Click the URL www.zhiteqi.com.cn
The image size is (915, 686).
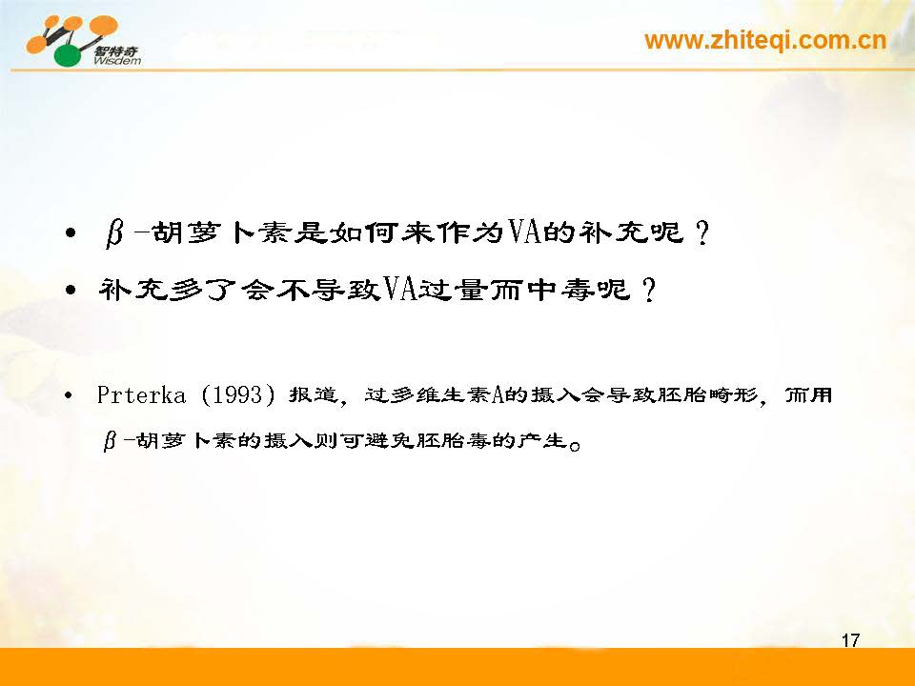[x=765, y=41]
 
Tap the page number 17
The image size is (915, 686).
[x=850, y=640]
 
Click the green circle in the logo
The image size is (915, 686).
[x=69, y=55]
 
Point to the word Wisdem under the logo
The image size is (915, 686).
[x=116, y=60]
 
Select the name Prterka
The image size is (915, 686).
[x=141, y=394]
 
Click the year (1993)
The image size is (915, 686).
[x=238, y=394]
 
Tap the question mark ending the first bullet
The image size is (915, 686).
[x=702, y=232]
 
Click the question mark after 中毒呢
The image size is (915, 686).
[x=648, y=290]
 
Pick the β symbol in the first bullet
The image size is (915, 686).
[x=114, y=233]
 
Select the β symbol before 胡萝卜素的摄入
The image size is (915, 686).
[x=110, y=440]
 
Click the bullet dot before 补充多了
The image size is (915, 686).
[x=71, y=290]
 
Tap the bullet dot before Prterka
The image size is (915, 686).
[x=69, y=395]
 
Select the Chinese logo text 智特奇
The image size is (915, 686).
[x=116, y=50]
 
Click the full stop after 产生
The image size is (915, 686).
[x=576, y=447]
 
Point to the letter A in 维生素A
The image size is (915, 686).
[x=498, y=395]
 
